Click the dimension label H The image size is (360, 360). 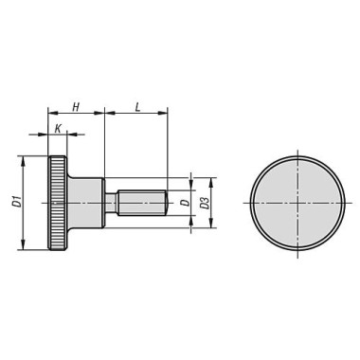(x=76, y=106)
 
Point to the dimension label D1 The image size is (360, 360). (x=15, y=202)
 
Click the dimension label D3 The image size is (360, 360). (x=204, y=203)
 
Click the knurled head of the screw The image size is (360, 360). (x=58, y=203)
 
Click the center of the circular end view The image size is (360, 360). (x=298, y=203)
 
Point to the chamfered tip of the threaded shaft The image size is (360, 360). (x=166, y=203)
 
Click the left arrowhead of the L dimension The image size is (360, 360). (x=108, y=114)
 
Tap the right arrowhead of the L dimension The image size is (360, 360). (x=165, y=114)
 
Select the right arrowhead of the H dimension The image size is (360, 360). (x=100, y=114)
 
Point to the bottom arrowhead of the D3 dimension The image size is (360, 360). (x=212, y=225)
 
